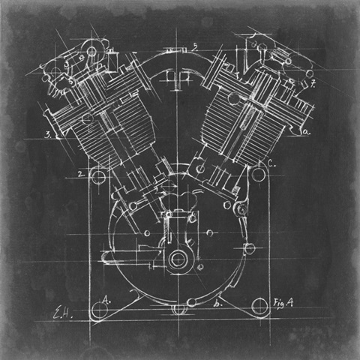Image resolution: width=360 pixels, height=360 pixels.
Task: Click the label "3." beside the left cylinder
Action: click(x=48, y=136)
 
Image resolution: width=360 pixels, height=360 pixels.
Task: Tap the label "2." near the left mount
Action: click(x=81, y=174)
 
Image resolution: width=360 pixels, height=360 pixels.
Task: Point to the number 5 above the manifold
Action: click(x=194, y=46)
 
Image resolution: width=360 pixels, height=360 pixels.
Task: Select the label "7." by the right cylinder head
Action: click(x=313, y=83)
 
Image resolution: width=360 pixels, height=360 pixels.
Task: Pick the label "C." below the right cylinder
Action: click(x=271, y=163)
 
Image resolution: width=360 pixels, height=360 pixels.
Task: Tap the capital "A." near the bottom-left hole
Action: click(x=106, y=298)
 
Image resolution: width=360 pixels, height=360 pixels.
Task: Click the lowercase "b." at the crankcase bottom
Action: click(x=217, y=304)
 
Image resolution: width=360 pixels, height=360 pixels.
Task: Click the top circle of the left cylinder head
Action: click(x=91, y=50)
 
